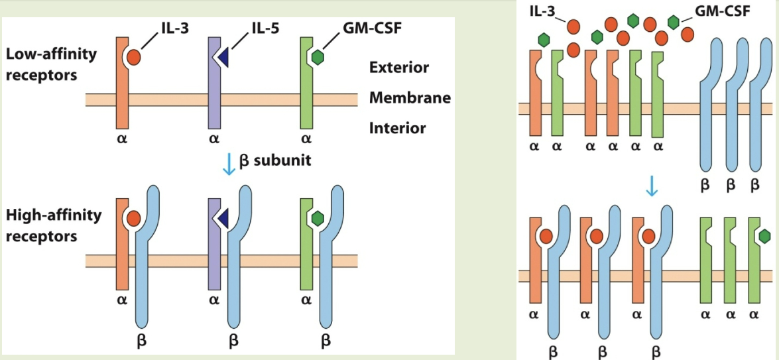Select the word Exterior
click(x=399, y=68)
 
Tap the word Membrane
click(x=410, y=98)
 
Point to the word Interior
click(x=397, y=128)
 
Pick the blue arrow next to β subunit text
click(x=228, y=163)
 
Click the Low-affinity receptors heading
click(x=51, y=64)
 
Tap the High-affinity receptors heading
click(x=54, y=225)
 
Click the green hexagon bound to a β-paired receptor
click(x=318, y=217)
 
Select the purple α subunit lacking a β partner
click(x=214, y=83)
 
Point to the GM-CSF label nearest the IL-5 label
click(x=362, y=29)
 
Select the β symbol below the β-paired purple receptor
click(x=233, y=342)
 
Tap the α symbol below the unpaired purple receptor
click(x=213, y=140)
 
